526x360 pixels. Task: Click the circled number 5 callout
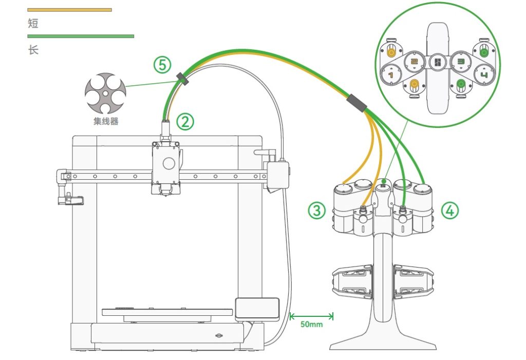tap(162, 65)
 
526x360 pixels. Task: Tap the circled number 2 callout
tap(185, 121)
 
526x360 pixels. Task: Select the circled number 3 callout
tap(317, 210)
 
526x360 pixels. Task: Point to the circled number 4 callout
tap(450, 210)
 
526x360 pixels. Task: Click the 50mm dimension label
tap(312, 325)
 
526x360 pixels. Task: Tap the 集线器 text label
tap(105, 122)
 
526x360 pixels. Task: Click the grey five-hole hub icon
tap(105, 93)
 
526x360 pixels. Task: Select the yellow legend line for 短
tap(69, 9)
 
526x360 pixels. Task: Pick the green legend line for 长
tap(81, 36)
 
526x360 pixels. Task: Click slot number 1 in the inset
tap(391, 75)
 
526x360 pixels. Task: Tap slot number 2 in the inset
tap(414, 62)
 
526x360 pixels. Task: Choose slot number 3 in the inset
tap(460, 62)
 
